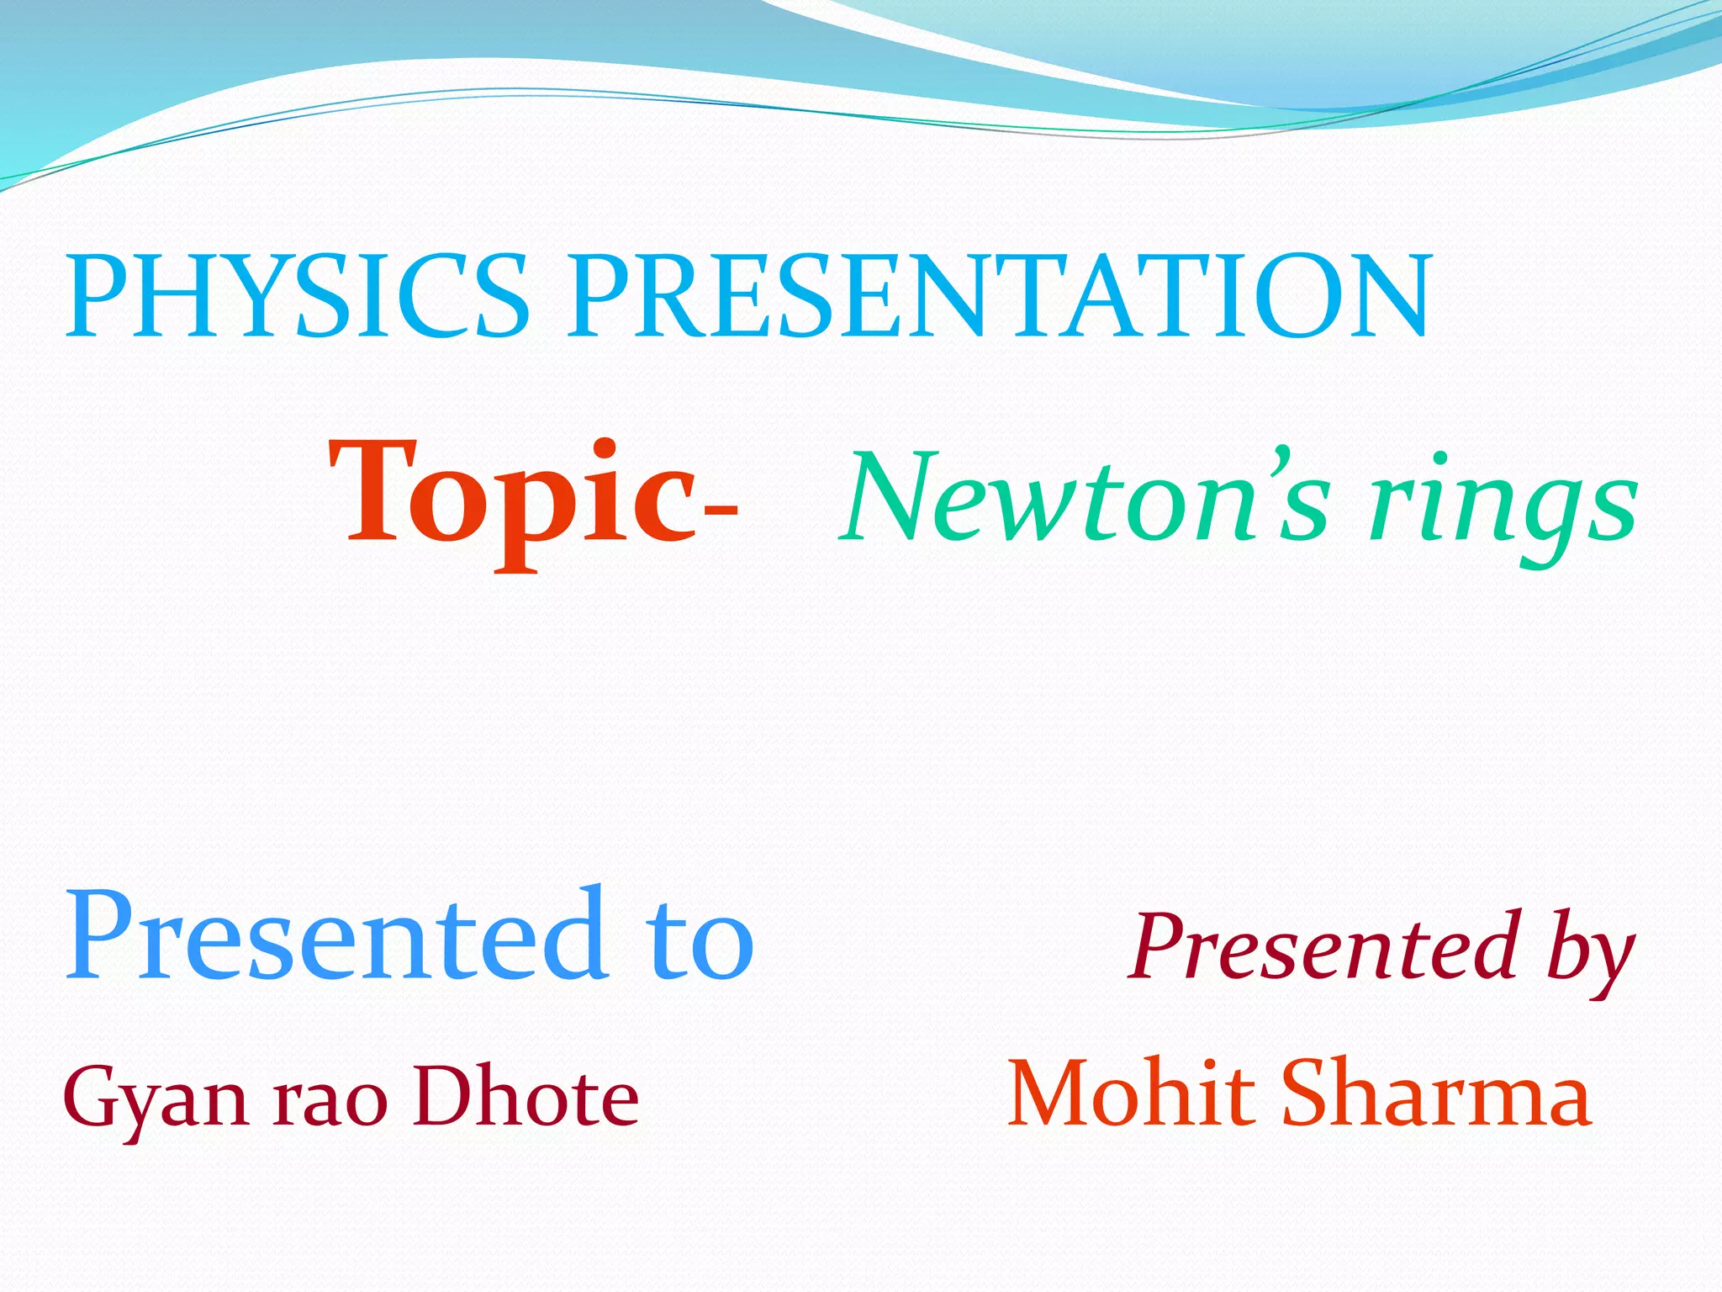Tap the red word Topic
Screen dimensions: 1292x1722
tap(513, 496)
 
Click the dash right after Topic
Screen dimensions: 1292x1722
tap(720, 510)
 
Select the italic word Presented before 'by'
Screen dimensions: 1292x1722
tap(1328, 946)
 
